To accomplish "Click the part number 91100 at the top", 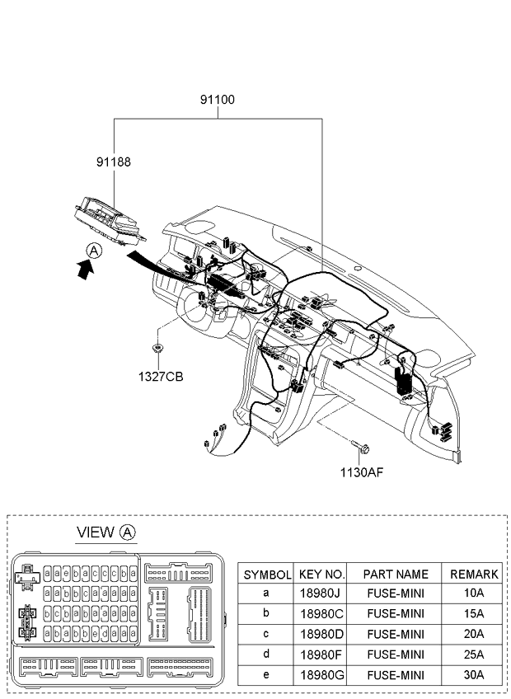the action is tap(217, 100).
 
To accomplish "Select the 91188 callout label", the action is tap(114, 162).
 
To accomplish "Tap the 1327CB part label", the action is tap(161, 377).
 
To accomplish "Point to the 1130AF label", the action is tap(362, 472).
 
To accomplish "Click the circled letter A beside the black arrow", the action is tap(94, 251).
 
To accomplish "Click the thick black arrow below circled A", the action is tap(85, 270).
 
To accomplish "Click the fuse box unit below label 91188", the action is tap(110, 221).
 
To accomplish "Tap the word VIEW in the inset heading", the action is tap(96, 532).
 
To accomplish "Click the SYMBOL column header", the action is tap(267, 575).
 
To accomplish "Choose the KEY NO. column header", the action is tap(322, 575).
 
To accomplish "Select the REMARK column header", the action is tap(474, 575).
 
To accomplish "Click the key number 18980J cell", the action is tap(320, 593).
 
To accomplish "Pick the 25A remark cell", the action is tap(474, 654).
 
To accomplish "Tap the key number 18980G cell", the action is tap(322, 675).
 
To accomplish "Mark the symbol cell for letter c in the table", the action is tap(265, 633).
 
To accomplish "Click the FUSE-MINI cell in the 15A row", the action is tap(396, 614).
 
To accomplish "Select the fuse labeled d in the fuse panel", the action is tap(105, 632).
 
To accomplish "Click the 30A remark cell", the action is tap(474, 675).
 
